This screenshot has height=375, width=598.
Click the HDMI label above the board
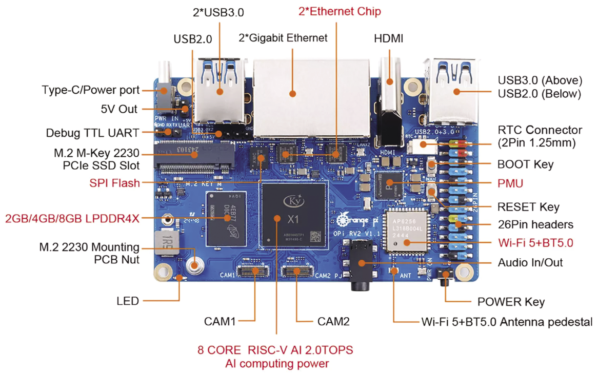(388, 38)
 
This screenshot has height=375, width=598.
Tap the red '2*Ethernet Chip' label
(340, 11)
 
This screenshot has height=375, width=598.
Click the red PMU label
(510, 183)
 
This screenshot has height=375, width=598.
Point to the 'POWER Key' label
(511, 302)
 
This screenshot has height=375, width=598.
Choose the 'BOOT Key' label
(525, 164)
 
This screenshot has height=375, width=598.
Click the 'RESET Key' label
(528, 207)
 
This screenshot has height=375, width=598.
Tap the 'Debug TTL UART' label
(92, 133)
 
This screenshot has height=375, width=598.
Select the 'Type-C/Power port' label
(91, 90)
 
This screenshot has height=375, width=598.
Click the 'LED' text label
(128, 301)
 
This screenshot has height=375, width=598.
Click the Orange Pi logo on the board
(354, 220)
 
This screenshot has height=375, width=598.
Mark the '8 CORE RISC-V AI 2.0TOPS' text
(275, 350)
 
